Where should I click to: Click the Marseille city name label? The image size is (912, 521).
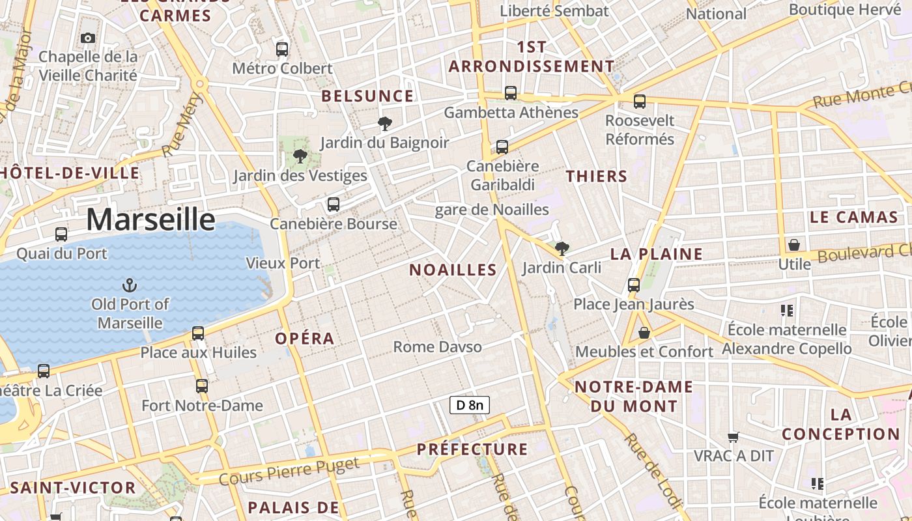pyautogui.click(x=150, y=219)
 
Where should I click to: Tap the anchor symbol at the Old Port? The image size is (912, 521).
pyautogui.click(x=130, y=285)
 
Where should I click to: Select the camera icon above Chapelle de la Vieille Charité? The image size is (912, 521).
pyautogui.click(x=88, y=38)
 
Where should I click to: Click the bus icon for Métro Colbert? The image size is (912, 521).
pyautogui.click(x=282, y=49)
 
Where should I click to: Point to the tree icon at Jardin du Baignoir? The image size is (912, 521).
pyautogui.click(x=385, y=123)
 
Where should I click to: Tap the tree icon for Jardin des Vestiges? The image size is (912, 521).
pyautogui.click(x=300, y=156)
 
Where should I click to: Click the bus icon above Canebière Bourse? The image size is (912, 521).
pyautogui.click(x=334, y=204)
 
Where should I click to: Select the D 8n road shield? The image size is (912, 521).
pyautogui.click(x=469, y=405)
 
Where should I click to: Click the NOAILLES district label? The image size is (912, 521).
pyautogui.click(x=453, y=270)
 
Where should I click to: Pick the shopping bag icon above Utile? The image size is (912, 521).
pyautogui.click(x=794, y=245)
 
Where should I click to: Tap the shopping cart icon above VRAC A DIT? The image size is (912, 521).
pyautogui.click(x=734, y=437)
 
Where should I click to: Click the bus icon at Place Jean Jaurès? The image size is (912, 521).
pyautogui.click(x=634, y=285)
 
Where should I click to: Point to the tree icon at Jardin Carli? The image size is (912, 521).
pyautogui.click(x=562, y=248)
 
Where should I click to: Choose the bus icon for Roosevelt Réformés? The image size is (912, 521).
pyautogui.click(x=640, y=102)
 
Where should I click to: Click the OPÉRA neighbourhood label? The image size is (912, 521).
pyautogui.click(x=305, y=339)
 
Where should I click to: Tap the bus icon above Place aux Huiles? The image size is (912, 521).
pyautogui.click(x=198, y=333)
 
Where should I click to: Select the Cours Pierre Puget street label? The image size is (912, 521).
pyautogui.click(x=289, y=472)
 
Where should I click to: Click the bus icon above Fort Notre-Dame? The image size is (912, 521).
pyautogui.click(x=202, y=386)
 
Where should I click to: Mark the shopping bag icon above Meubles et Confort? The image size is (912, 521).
pyautogui.click(x=644, y=333)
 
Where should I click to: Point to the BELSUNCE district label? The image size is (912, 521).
pyautogui.click(x=368, y=96)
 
